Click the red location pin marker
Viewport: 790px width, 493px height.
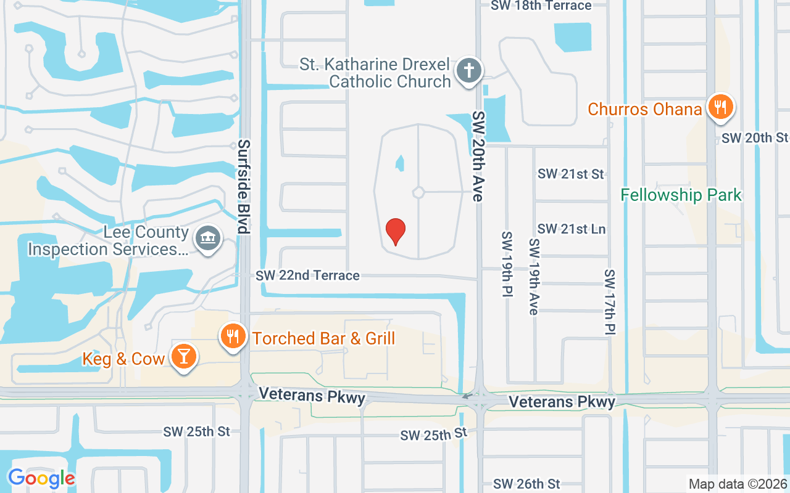(395, 232)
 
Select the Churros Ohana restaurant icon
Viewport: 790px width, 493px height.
(720, 107)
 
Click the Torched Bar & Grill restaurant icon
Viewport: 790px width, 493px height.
(232, 337)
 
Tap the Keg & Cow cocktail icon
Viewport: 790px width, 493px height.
(183, 357)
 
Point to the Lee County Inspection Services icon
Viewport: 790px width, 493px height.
(207, 238)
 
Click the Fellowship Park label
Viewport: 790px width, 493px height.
(681, 195)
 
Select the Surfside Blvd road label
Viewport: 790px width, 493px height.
(244, 187)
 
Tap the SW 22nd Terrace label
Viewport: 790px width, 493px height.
(307, 275)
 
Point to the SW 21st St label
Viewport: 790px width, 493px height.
(570, 174)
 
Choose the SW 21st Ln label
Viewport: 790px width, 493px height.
(571, 229)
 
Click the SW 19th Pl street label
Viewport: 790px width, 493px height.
(507, 265)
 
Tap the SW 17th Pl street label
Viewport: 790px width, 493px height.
(610, 302)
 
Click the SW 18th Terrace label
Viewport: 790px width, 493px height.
(541, 6)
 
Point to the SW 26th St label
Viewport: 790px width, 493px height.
(526, 484)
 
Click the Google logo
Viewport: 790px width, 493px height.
(41, 478)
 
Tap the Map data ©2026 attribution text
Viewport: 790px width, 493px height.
(738, 484)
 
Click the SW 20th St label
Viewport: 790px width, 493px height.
(755, 137)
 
